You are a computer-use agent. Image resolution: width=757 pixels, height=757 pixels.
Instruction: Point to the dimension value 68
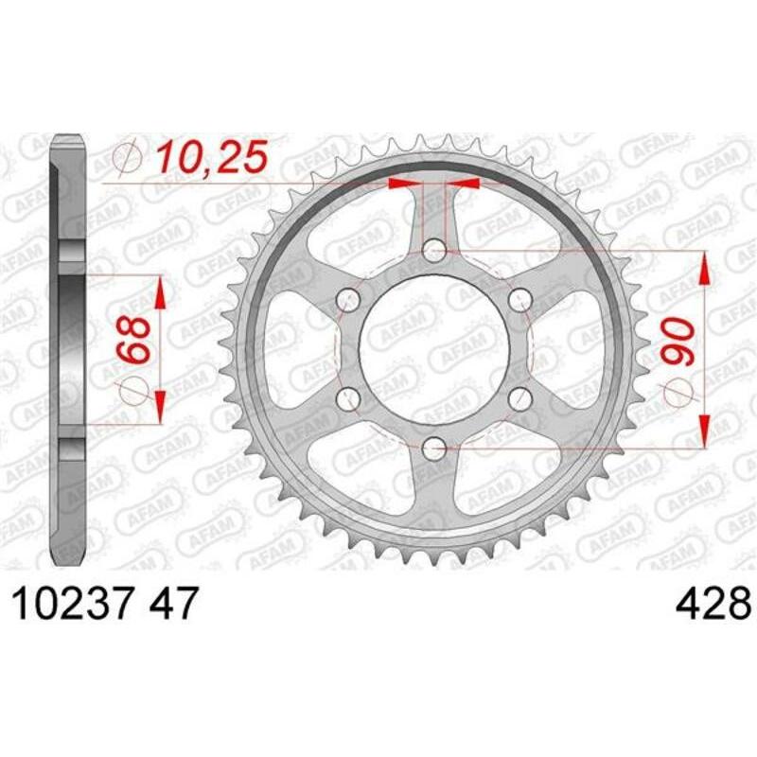coord(133,338)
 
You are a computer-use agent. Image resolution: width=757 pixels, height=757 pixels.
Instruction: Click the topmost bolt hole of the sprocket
coord(434,251)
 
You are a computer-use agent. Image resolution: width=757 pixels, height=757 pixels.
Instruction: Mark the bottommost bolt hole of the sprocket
coord(434,449)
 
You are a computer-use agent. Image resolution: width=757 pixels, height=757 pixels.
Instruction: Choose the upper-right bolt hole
coord(520,300)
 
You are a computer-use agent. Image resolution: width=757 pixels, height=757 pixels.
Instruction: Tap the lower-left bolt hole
coord(348,399)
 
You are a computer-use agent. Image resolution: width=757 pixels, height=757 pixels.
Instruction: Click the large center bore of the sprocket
coord(434,350)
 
